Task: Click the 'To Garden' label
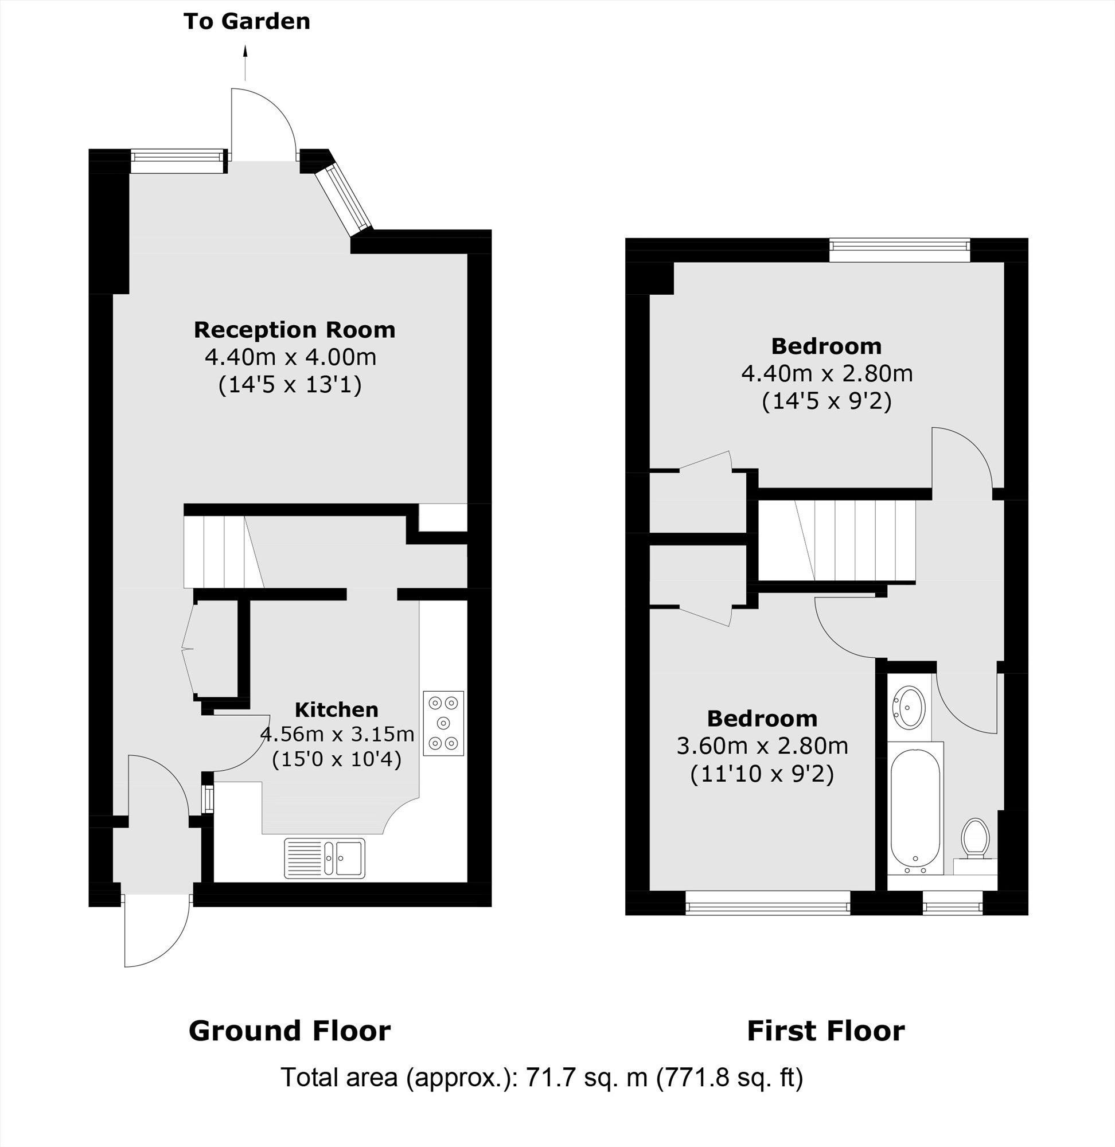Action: click(x=247, y=21)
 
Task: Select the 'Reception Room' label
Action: click(x=295, y=330)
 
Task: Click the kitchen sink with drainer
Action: click(x=325, y=859)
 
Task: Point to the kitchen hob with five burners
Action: click(x=443, y=723)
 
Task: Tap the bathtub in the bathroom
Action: click(x=915, y=808)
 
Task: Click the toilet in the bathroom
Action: click(x=976, y=840)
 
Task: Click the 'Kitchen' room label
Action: click(x=336, y=709)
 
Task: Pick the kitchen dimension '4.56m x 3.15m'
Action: click(x=337, y=734)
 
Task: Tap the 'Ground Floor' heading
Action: click(x=289, y=1031)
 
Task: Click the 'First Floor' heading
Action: click(x=826, y=1031)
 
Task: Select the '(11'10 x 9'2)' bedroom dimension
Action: click(x=762, y=774)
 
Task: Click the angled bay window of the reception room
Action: click(x=343, y=199)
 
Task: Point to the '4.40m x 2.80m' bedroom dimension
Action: click(x=827, y=373)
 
